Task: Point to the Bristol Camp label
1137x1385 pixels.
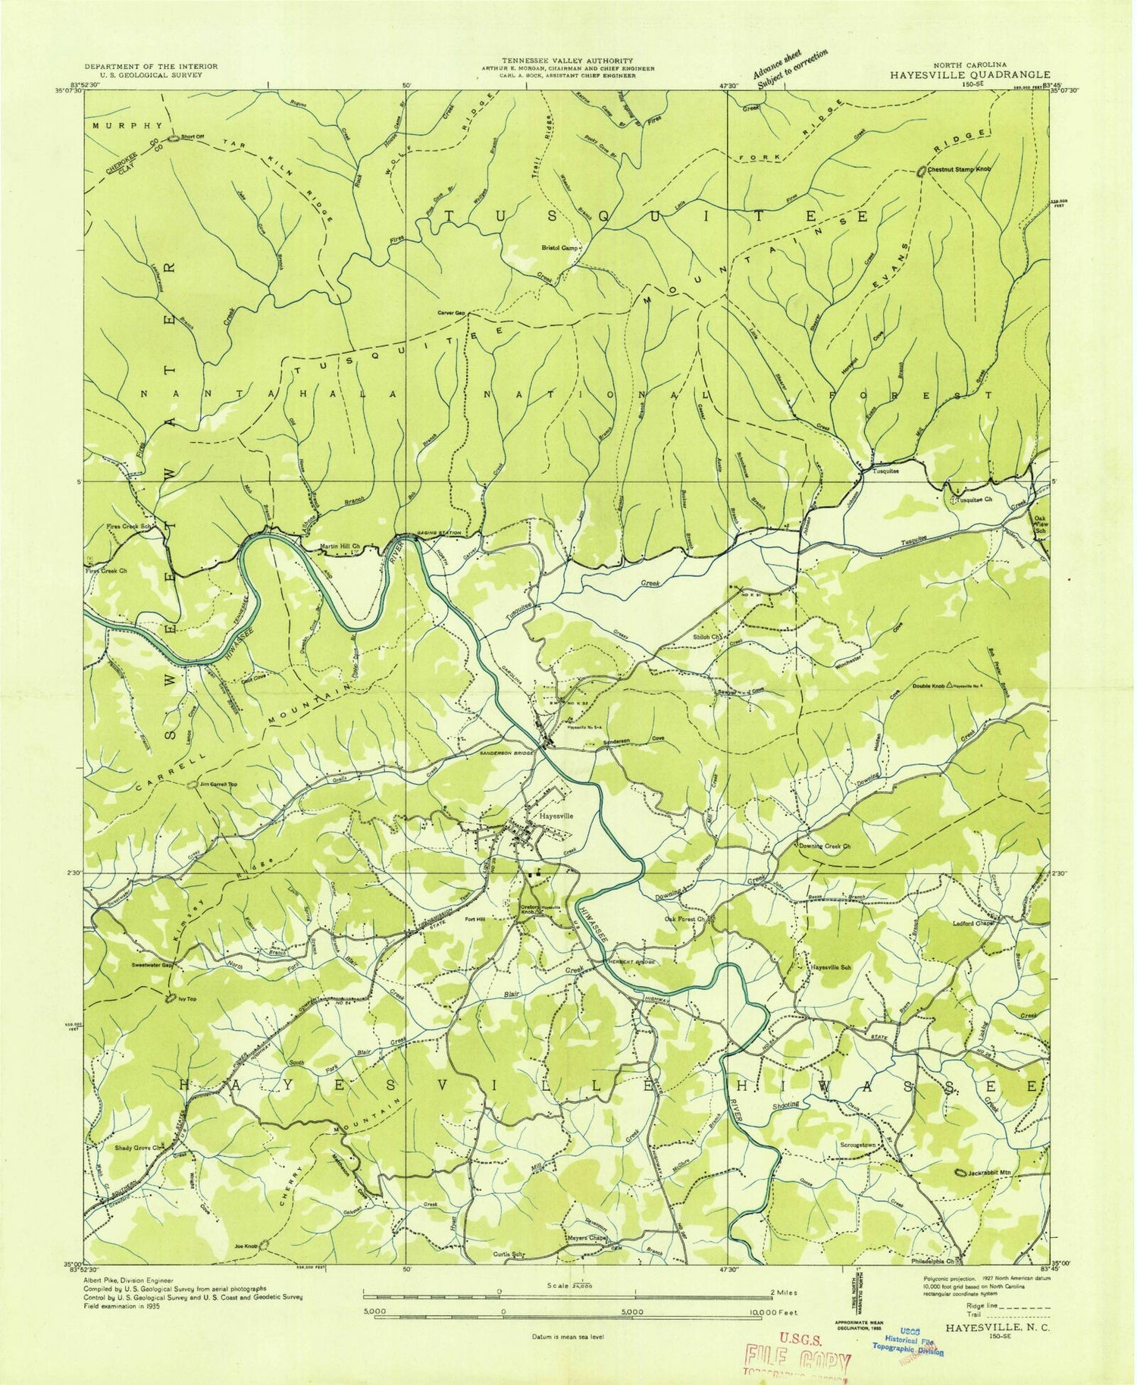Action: click(560, 248)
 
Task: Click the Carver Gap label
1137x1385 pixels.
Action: click(449, 312)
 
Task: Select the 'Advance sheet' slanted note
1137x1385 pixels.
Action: click(788, 69)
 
